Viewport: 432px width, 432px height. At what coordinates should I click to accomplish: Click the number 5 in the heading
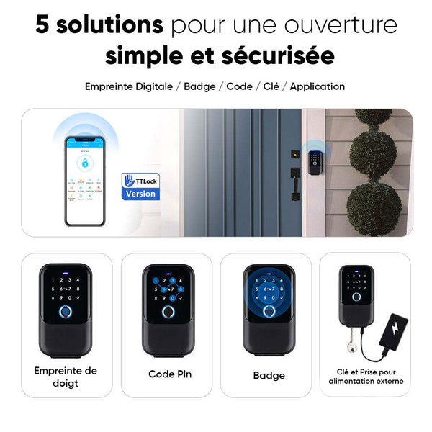43,24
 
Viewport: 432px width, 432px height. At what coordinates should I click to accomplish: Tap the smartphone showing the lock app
84,180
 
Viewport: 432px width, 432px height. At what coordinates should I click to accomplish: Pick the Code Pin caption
170,374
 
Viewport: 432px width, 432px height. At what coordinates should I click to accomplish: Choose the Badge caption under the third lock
269,375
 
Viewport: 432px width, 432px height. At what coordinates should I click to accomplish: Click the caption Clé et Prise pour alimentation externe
366,376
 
